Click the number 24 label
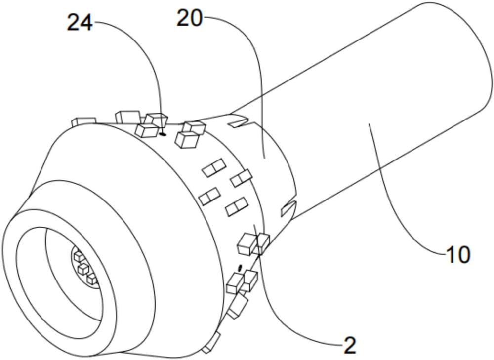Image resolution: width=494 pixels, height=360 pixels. coord(80,23)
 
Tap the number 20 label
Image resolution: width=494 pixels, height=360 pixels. coord(190,18)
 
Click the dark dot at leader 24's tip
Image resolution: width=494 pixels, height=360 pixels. coord(163,134)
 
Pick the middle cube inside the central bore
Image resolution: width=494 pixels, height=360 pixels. coord(83,269)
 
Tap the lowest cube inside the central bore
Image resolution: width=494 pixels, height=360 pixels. coord(92,279)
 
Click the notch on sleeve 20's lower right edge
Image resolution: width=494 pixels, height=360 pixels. coord(288,208)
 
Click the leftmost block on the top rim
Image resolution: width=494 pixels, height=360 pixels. coord(84,121)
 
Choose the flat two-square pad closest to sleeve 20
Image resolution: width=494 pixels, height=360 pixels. coord(242,178)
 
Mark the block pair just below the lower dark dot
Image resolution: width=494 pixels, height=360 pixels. coord(243,282)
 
